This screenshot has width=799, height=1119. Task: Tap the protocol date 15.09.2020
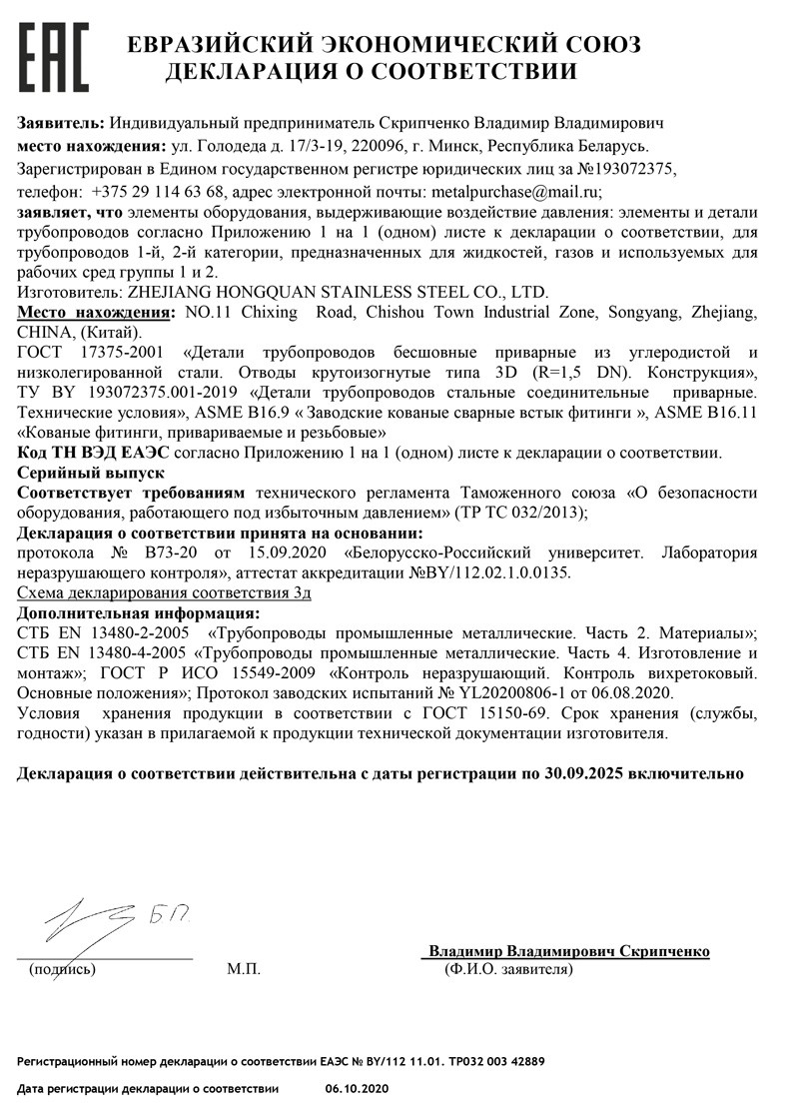pos(250,553)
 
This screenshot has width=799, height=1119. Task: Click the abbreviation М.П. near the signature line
pos(243,969)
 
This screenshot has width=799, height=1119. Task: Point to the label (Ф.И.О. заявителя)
pos(508,969)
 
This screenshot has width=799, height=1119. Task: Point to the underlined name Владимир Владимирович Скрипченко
pos(569,951)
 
